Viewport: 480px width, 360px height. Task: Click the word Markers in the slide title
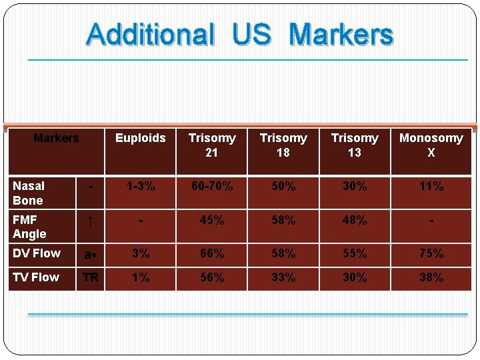point(342,34)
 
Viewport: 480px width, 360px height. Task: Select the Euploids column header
point(140,138)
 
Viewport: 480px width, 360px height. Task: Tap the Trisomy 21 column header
point(212,145)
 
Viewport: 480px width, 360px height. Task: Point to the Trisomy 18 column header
point(283,145)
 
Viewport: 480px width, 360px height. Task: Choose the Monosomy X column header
point(431,145)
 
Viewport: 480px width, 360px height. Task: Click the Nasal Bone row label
point(29,193)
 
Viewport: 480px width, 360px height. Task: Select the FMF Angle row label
point(29,227)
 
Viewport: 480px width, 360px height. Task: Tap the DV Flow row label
point(37,253)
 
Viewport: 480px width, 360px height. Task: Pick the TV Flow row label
point(36,277)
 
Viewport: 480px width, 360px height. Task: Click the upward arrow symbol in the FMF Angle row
point(90,221)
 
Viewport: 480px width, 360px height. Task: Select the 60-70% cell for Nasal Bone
point(212,187)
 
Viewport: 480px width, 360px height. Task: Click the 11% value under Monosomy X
point(431,187)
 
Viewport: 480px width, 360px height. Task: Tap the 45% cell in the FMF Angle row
point(212,220)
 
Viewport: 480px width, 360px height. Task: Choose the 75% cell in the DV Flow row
point(431,254)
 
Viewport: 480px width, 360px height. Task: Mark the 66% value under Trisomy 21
point(212,254)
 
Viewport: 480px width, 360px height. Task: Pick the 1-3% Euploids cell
point(140,187)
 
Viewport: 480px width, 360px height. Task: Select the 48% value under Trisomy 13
point(355,220)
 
